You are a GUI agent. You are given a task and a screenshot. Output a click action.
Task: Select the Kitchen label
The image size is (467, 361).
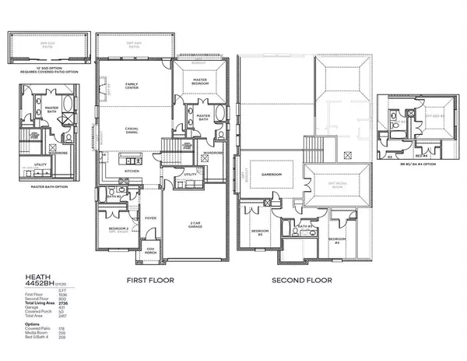coord(132,170)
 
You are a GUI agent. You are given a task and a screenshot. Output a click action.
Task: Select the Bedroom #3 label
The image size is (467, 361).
coord(259,232)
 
